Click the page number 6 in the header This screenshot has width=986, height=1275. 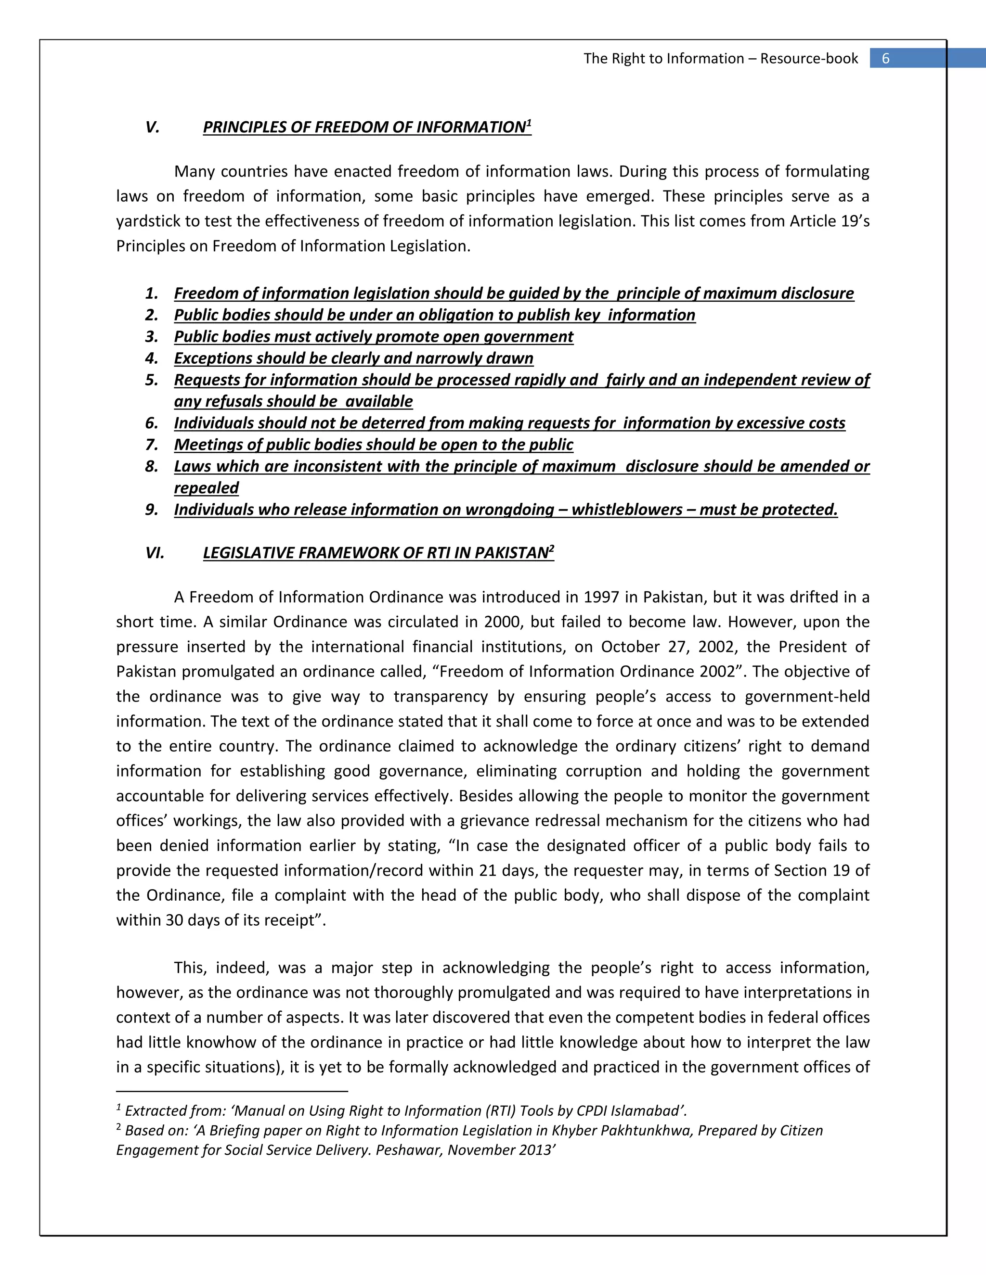(885, 58)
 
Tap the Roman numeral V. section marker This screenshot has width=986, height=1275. (153, 127)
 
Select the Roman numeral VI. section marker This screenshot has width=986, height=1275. (155, 553)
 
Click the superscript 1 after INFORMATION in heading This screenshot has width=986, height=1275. (529, 123)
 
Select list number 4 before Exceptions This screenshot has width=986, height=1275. (152, 358)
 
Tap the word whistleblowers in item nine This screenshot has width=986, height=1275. (627, 510)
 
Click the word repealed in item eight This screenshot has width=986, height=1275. (206, 488)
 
